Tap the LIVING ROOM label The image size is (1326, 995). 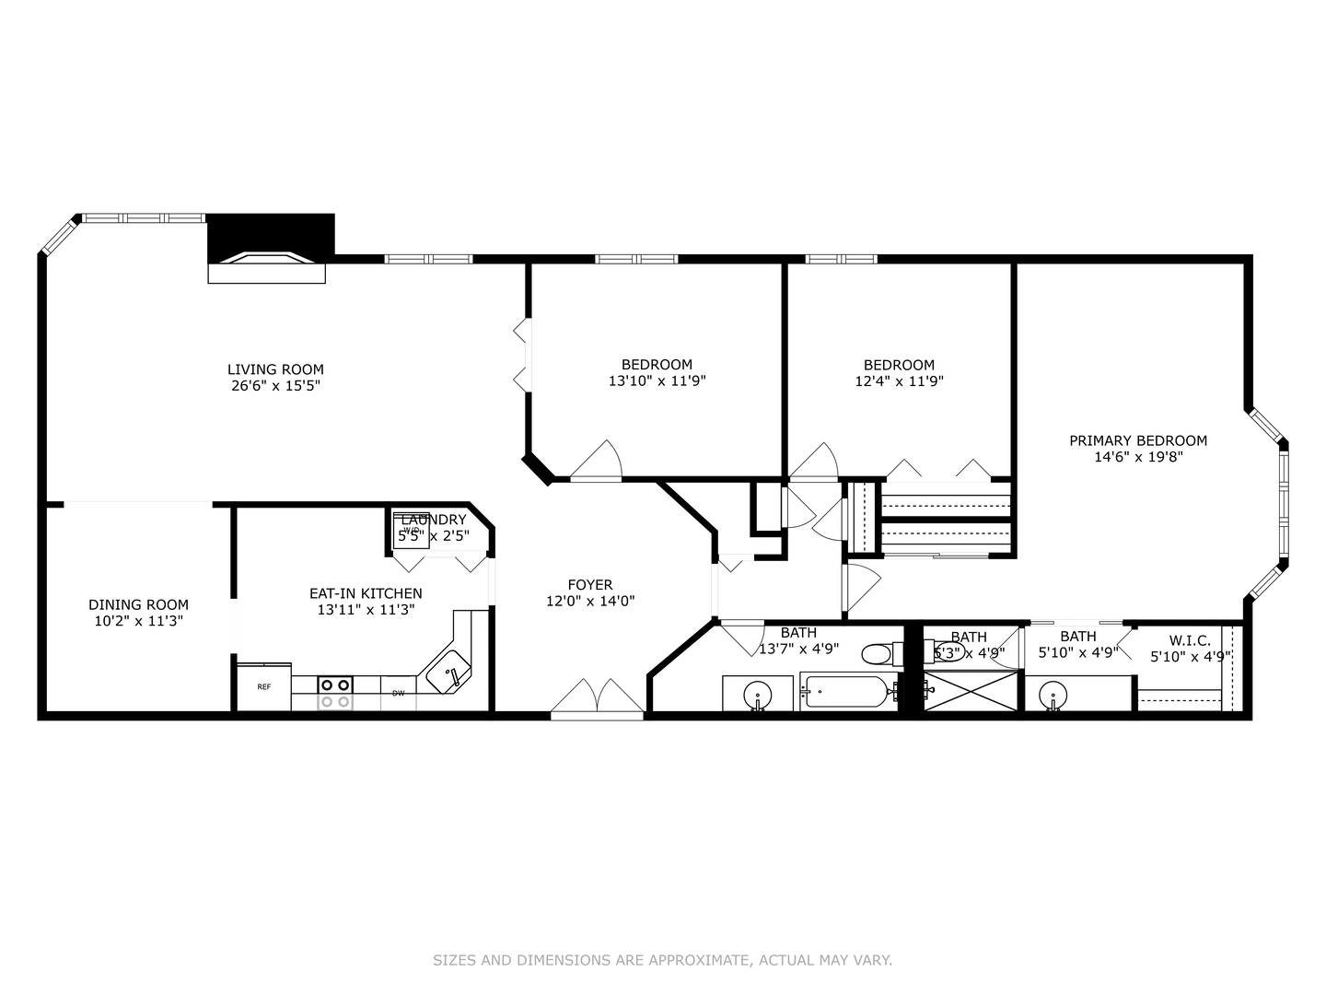[x=275, y=369]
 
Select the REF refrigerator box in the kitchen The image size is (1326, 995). [x=263, y=686]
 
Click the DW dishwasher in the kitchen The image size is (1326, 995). [x=398, y=693]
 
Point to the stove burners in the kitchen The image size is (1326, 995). [x=335, y=693]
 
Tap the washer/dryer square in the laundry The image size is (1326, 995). [x=411, y=534]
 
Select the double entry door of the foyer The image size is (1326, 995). [x=597, y=697]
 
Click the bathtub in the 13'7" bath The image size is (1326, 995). [x=848, y=691]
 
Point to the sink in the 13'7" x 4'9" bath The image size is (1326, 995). [x=758, y=694]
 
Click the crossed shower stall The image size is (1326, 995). [x=971, y=691]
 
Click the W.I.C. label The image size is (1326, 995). [x=1190, y=640]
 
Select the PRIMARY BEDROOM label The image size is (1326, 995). [x=1137, y=440]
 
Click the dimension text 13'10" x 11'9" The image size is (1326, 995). [x=657, y=380]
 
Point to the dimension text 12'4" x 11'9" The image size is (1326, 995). [x=899, y=380]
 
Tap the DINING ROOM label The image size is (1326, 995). [x=138, y=604]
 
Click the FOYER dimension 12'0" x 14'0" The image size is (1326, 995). [x=589, y=601]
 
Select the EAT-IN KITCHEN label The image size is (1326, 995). [x=366, y=593]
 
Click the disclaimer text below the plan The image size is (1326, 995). [x=662, y=960]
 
